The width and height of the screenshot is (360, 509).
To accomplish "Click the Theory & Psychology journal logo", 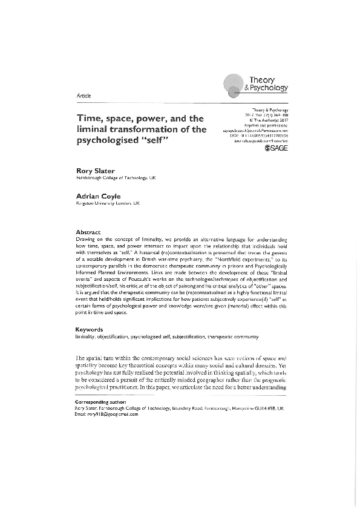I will pos(255,84).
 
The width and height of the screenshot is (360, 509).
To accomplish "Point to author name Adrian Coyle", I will pos(96,197).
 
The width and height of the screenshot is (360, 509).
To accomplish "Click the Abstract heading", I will pos(88,232).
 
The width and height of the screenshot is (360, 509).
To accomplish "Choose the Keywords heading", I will pos(90,330).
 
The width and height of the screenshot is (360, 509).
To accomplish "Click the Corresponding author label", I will pos(99,402).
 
